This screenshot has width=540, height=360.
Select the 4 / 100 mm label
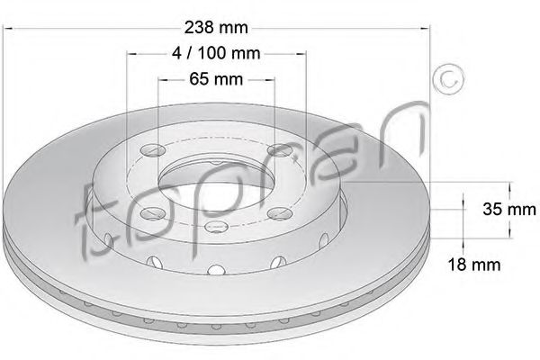tap(216, 53)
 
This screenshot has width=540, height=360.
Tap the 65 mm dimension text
tap(217, 80)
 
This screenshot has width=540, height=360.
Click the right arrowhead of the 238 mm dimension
tap(430, 30)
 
